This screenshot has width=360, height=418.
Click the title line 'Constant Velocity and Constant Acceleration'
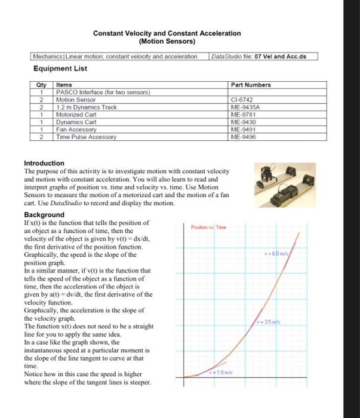(x=167, y=33)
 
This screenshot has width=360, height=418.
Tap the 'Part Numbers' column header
(x=251, y=85)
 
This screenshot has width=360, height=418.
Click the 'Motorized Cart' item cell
(x=78, y=114)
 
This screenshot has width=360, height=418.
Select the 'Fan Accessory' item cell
(x=76, y=128)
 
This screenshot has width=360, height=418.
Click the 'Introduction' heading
(x=44, y=163)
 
